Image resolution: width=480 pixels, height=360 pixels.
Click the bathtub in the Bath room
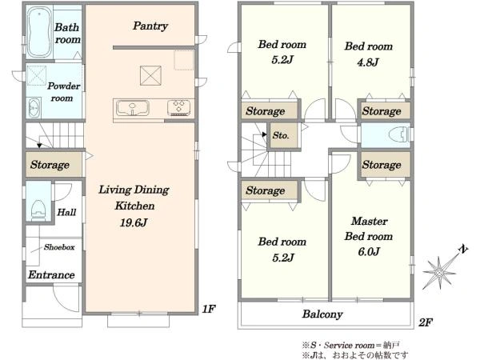(39, 32)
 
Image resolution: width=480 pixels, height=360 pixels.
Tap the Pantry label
(150, 26)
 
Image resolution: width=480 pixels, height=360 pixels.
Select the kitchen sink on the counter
(133, 108)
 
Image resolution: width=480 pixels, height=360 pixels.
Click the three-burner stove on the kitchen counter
(178, 108)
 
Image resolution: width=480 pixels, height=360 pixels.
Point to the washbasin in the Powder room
(34, 108)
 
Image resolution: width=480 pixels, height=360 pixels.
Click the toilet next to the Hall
(38, 210)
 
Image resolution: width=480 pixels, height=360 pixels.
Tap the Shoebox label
(59, 247)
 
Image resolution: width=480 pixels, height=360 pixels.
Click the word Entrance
(51, 274)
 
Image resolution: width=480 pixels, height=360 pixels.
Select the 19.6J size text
(134, 222)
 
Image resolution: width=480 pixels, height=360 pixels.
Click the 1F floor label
(209, 309)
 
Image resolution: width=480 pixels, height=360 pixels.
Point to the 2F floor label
(426, 322)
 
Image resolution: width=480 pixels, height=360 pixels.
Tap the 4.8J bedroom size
(368, 62)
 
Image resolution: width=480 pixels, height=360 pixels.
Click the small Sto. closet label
(281, 135)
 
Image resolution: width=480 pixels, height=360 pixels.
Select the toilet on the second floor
(398, 134)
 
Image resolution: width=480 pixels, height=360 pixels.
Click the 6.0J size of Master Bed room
(369, 252)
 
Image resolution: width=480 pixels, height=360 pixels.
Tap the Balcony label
(322, 314)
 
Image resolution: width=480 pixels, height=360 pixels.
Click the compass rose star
(439, 273)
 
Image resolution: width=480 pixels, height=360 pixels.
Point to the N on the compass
(464, 249)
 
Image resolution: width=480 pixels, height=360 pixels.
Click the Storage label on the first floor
(50, 165)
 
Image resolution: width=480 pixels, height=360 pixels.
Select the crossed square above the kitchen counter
(150, 76)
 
